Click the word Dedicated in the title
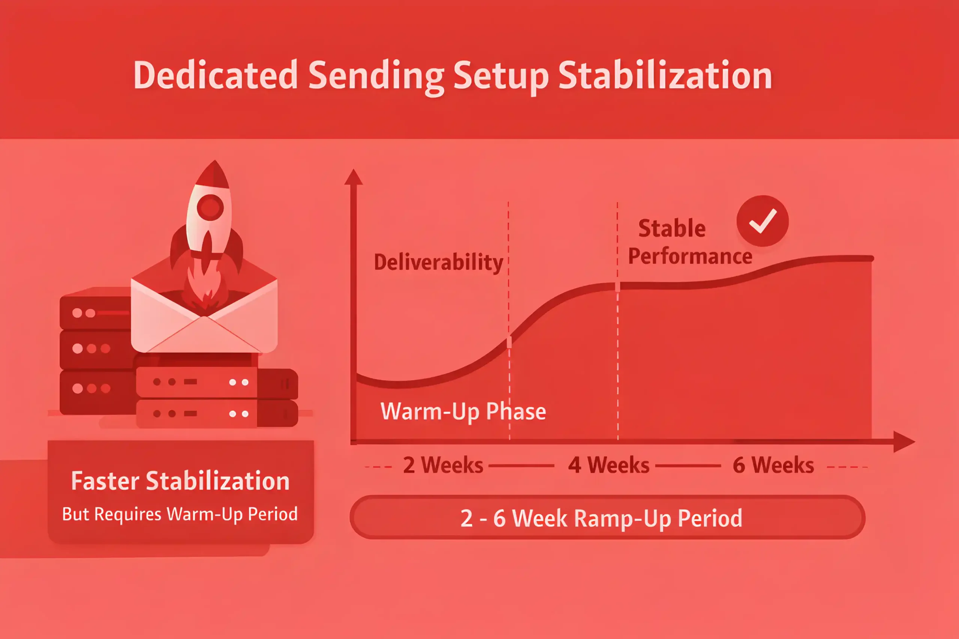pos(216,75)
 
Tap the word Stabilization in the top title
pos(665,75)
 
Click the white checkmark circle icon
pos(762,221)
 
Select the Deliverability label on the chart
pos(438,262)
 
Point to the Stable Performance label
pos(690,242)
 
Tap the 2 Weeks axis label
pos(443,465)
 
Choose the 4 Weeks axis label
pos(609,465)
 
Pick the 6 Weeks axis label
pos(774,465)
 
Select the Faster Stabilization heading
pos(180,481)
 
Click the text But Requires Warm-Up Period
pos(180,514)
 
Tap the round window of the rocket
pos(211,207)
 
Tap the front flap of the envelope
pos(204,334)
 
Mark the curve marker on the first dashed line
pos(509,342)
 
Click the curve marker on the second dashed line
pos(618,286)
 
